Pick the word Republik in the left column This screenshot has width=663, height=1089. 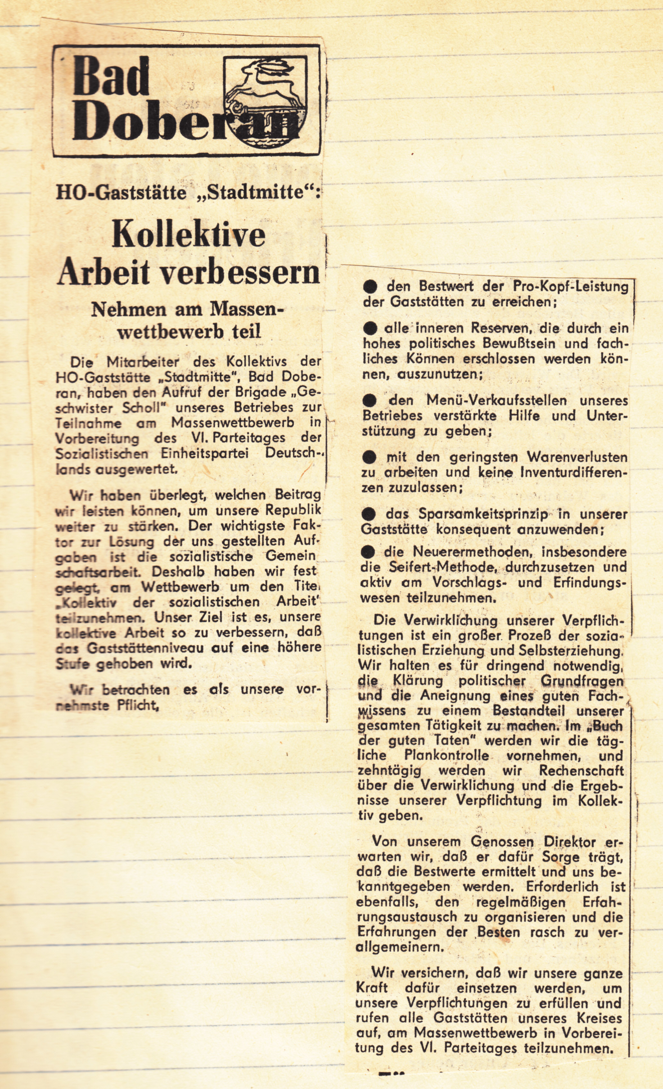pos(293,510)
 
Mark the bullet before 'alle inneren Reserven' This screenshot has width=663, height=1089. pos(370,328)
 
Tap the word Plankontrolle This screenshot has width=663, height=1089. pos(447,756)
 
